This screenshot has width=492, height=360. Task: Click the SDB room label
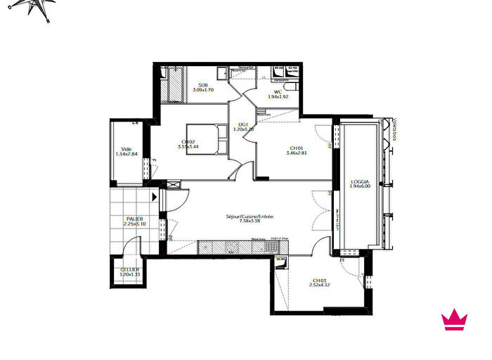(x=202, y=84)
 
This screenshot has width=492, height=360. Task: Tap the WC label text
(x=278, y=91)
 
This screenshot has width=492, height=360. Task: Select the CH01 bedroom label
(x=295, y=148)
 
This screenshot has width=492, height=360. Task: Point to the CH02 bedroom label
(x=187, y=142)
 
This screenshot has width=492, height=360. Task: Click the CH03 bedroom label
(x=320, y=281)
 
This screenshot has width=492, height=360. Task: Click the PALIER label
(x=134, y=219)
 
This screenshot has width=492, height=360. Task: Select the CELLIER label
(x=129, y=269)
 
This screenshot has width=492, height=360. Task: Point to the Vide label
(x=127, y=149)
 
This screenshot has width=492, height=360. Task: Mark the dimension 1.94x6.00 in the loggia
(x=360, y=188)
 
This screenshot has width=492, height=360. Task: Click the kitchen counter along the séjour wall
(x=239, y=247)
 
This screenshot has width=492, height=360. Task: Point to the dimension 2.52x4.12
(x=320, y=285)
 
